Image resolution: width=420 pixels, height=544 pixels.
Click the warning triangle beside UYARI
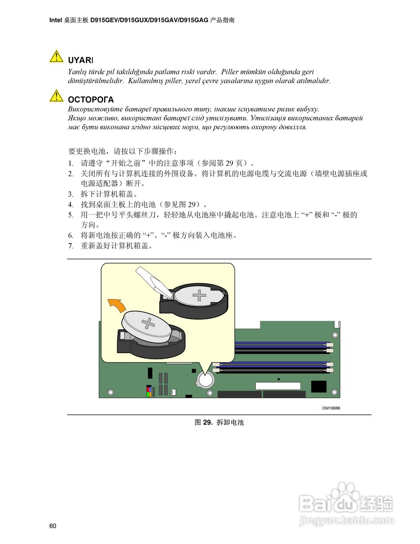click(x=56, y=57)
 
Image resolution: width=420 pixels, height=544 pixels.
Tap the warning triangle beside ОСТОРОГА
click(x=56, y=96)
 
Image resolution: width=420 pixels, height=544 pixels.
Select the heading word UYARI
click(x=81, y=61)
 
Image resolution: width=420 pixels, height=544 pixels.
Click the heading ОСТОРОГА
click(x=91, y=100)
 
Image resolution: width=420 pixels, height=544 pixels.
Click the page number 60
click(x=53, y=526)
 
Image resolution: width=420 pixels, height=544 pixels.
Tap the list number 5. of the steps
click(x=71, y=215)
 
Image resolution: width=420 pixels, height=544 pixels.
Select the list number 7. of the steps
click(x=71, y=246)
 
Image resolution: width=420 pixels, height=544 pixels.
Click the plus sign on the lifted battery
click(x=148, y=323)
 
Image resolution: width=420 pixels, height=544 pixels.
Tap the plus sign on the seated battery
click(x=199, y=295)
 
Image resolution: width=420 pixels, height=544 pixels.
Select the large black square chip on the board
click(x=319, y=386)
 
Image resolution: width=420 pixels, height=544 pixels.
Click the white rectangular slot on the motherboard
click(x=277, y=386)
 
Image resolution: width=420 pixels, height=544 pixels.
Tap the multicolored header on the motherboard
click(x=149, y=391)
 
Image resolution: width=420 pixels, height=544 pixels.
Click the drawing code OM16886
click(x=331, y=408)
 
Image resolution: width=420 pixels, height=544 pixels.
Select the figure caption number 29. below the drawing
click(x=208, y=422)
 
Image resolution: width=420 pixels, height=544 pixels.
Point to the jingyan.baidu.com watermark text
click(x=346, y=520)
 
